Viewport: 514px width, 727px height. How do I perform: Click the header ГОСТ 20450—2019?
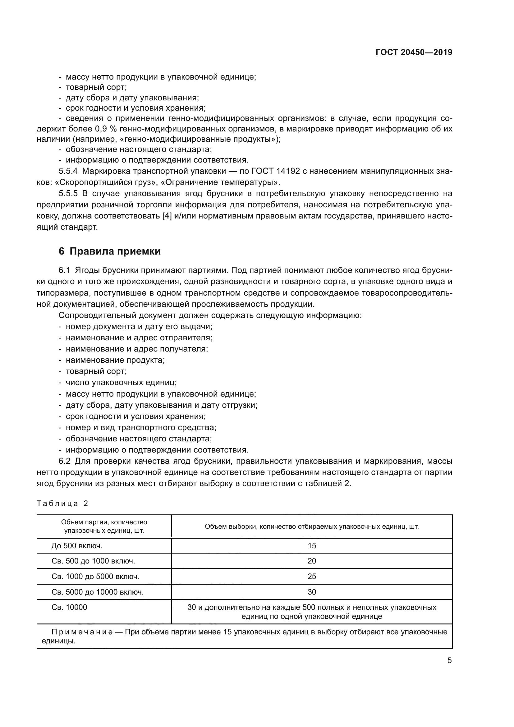click(x=414, y=53)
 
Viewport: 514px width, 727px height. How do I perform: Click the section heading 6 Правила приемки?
click(x=109, y=251)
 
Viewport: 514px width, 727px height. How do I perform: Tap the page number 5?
click(x=449, y=660)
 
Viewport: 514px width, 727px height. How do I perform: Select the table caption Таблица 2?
click(x=62, y=504)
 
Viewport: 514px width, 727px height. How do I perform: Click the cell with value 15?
click(x=311, y=545)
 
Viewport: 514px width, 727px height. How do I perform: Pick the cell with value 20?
click(x=311, y=561)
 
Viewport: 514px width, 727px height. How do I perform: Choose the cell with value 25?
click(x=311, y=577)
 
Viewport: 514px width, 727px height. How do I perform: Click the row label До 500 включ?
click(x=77, y=545)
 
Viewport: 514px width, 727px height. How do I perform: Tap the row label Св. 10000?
click(x=69, y=607)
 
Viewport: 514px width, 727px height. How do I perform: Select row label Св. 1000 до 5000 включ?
click(x=95, y=577)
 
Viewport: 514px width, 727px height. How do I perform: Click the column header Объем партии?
click(x=104, y=526)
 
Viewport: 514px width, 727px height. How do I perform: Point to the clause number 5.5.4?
click(x=68, y=171)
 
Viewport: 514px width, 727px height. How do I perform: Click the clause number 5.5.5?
click(x=68, y=193)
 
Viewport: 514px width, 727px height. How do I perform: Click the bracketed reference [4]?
click(x=167, y=216)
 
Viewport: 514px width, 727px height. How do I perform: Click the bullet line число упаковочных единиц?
click(x=121, y=383)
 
